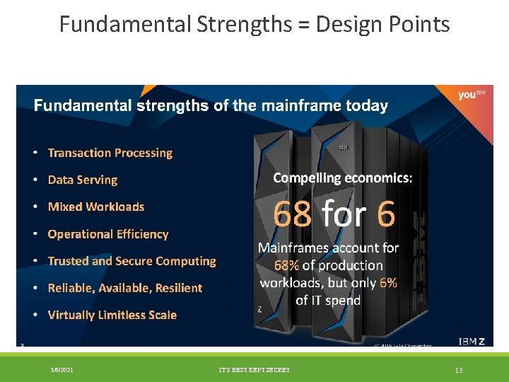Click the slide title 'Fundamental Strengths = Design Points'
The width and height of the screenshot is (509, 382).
coord(255,24)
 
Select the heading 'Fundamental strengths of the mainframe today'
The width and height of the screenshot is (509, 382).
coord(211,106)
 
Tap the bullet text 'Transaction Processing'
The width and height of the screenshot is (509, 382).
coord(110,153)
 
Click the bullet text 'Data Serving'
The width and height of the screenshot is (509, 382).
coord(82,180)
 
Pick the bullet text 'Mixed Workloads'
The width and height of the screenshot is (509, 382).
coord(95,207)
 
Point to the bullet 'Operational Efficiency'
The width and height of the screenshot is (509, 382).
coord(107,234)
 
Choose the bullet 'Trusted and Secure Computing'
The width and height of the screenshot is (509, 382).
coord(131,261)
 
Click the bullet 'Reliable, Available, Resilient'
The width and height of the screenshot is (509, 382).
coord(124,288)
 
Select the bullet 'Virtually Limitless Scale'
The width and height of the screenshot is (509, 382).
coord(112,315)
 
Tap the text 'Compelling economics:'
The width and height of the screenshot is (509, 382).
coord(342,178)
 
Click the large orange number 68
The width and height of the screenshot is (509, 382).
coord(292,214)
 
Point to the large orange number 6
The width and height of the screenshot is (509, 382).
coord(386,214)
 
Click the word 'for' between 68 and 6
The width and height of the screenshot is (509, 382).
coord(344,214)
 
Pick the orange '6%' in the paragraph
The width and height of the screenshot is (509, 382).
coord(388,282)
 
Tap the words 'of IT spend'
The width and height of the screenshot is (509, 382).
coord(327,300)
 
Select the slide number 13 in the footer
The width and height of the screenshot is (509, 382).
coord(458,369)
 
